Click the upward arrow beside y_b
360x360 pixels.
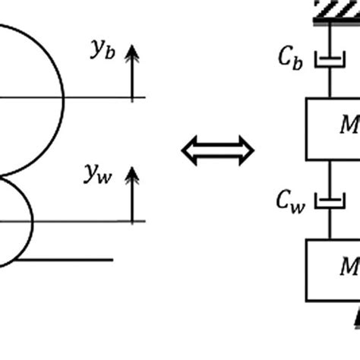coord(133,72)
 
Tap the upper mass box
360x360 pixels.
coord(333,128)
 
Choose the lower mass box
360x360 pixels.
coord(333,270)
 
